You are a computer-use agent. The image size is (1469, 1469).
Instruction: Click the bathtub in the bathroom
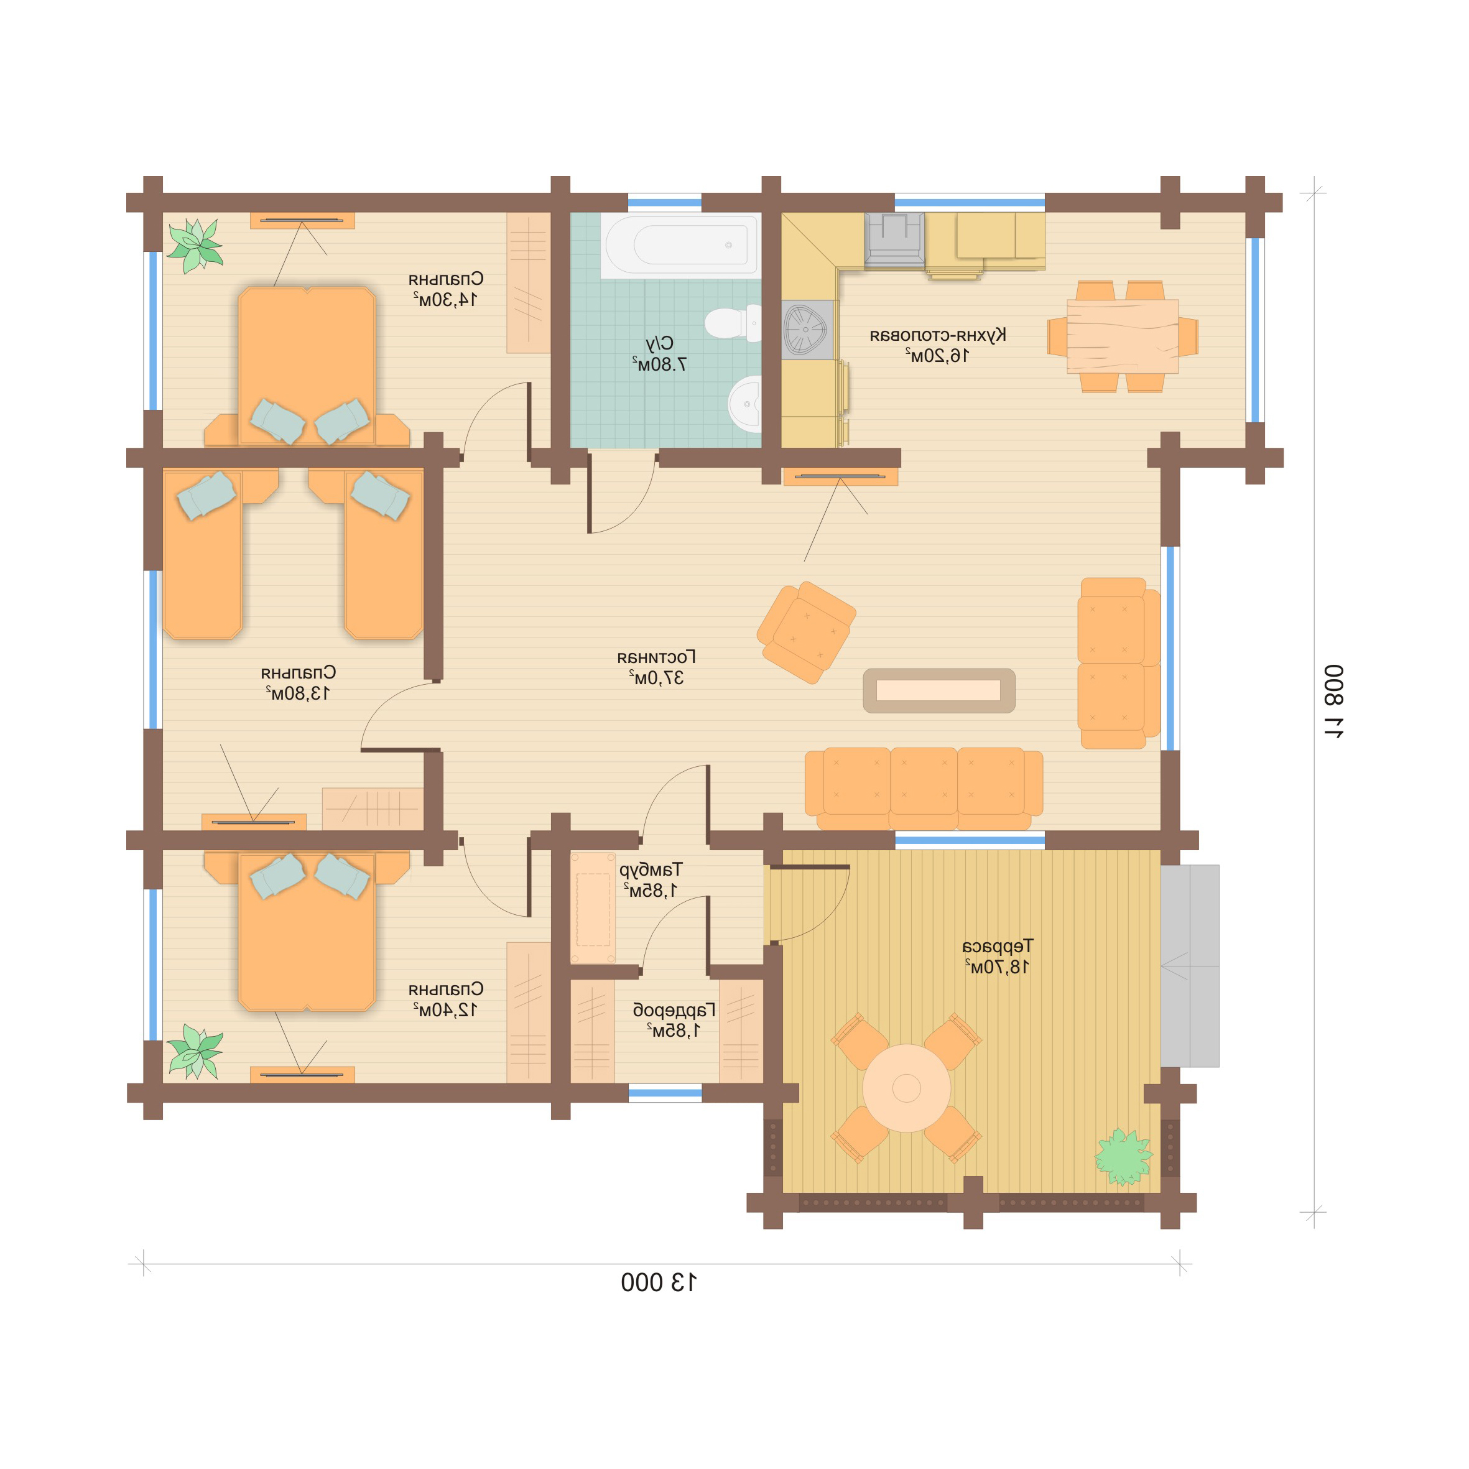[680, 244]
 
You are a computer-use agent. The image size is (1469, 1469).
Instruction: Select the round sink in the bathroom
[745, 404]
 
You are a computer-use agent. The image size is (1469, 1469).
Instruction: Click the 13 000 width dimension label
[659, 1282]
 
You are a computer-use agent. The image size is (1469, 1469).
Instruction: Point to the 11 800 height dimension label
[1333, 701]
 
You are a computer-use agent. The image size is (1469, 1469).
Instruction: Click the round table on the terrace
[906, 1088]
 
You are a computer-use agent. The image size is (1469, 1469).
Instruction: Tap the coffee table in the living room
[939, 690]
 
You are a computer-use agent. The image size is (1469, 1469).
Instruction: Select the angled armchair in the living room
[806, 633]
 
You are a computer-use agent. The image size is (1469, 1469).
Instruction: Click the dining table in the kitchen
[1123, 336]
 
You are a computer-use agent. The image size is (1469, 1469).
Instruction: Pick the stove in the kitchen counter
[894, 240]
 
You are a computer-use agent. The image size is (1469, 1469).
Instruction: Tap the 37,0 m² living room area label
[656, 677]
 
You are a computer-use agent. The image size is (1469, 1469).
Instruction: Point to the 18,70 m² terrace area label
[998, 967]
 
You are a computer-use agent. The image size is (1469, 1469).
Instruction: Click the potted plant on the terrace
[1123, 1158]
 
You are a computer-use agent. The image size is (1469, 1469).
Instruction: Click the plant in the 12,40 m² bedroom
[195, 1052]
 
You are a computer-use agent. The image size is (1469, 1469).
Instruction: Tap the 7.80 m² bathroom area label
[659, 364]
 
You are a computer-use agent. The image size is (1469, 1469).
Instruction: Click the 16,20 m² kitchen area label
[937, 355]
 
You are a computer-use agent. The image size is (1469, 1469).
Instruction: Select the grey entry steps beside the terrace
[1190, 966]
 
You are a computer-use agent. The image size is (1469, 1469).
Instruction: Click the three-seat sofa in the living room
[924, 789]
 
